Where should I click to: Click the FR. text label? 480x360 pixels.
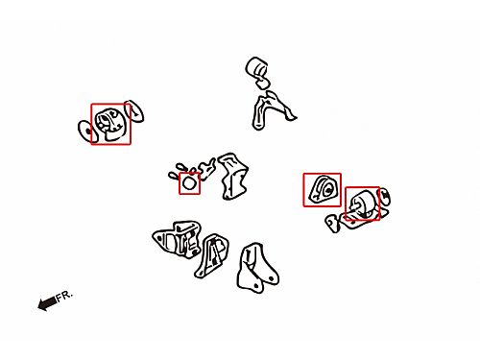click(64, 296)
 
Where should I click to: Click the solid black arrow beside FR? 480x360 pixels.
click(47, 302)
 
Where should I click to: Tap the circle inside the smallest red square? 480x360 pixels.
click(189, 183)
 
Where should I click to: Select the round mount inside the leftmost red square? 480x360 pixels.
click(110, 124)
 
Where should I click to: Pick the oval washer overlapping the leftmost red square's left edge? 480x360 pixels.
click(86, 131)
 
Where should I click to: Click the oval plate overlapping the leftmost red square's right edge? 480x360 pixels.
click(134, 111)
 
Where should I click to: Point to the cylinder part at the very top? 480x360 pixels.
click(257, 68)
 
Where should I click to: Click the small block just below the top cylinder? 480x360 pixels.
click(263, 84)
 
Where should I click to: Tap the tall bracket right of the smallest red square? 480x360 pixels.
click(232, 176)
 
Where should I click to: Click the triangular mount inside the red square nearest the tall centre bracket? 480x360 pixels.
click(323, 189)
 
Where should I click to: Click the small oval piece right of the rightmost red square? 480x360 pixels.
click(384, 197)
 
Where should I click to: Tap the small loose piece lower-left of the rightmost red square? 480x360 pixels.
click(333, 223)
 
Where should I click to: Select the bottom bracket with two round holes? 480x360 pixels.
click(256, 268)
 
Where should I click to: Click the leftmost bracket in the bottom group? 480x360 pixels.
click(178, 239)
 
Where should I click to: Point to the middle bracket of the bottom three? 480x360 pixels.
click(211, 255)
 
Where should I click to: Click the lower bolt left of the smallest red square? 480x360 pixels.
click(175, 175)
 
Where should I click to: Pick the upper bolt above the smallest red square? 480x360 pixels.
click(181, 167)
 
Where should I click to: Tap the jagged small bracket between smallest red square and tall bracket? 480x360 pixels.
click(205, 168)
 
